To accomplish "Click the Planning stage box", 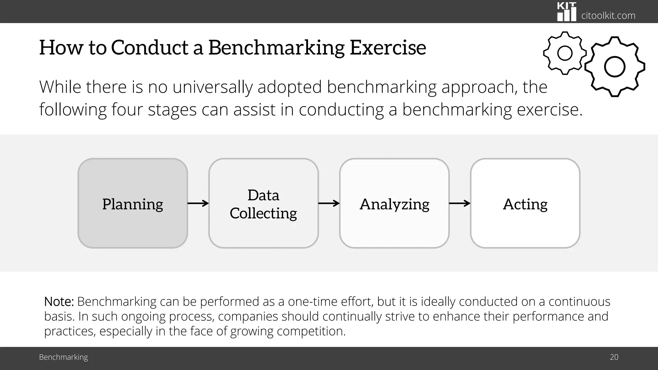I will coord(133,203).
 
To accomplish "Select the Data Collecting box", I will coord(263,203).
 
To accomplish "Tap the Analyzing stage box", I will coord(394,203).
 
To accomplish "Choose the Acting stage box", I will coord(525,203).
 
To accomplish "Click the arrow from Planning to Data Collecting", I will coord(198,203).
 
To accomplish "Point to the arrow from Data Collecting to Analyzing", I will coord(329,203).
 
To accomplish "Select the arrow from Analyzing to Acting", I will coord(459,203).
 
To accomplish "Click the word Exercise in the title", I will coord(388,48).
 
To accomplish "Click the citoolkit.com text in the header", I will coord(608,15).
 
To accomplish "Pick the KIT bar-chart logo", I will coord(566,12).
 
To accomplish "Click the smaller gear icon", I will coord(565,53).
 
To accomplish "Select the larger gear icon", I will coord(614,67).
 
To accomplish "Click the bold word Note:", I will coord(59,302).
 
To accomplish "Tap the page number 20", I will coord(614,357).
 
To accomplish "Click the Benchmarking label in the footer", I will coord(63,357).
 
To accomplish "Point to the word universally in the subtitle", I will coord(212,87).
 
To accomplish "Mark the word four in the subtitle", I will coord(127,110).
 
